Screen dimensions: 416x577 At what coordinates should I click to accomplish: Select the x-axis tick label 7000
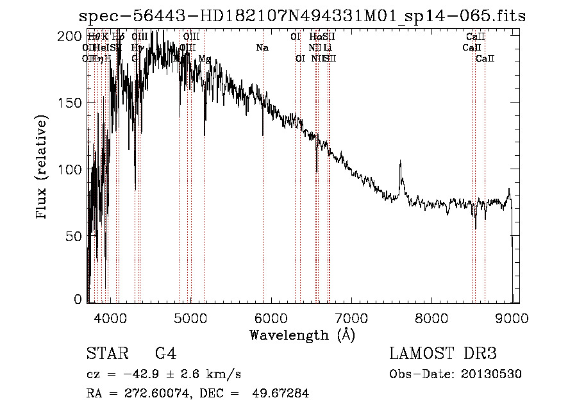(351, 318)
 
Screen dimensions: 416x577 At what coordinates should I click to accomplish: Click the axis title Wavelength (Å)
(302, 335)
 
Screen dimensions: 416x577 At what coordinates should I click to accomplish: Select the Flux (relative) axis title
(43, 168)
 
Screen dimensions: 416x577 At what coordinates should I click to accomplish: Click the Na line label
(262, 47)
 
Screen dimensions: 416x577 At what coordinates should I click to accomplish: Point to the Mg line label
(205, 58)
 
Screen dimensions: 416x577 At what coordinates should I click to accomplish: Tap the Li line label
(327, 47)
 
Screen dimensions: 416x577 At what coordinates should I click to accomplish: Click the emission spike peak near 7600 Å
(400, 162)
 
